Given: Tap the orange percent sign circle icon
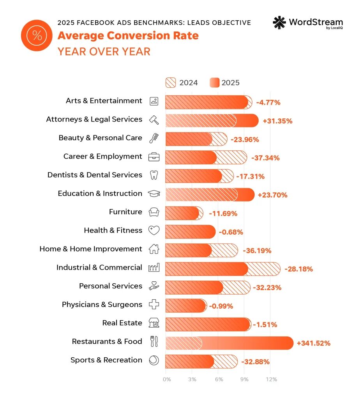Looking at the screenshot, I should click(37, 35).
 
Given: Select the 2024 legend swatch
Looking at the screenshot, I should click(171, 83).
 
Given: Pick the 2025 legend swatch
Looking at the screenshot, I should click(215, 83).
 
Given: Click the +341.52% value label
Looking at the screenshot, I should click(313, 343).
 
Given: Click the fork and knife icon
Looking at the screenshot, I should click(154, 342).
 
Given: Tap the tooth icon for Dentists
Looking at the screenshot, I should click(154, 175).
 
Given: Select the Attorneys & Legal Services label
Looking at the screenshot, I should click(94, 119).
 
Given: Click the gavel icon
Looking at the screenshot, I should click(154, 120).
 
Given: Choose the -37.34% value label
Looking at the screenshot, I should click(265, 158).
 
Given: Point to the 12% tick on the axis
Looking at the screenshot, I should click(272, 380).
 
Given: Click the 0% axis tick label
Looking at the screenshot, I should click(167, 380).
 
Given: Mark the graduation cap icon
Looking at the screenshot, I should click(154, 194).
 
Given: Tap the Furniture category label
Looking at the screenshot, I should click(125, 212).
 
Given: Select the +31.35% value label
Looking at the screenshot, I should click(277, 121).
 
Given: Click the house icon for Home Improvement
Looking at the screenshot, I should click(154, 249).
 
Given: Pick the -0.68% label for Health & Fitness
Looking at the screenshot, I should click(231, 232).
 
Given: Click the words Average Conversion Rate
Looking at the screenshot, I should click(128, 36).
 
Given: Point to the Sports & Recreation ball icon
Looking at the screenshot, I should click(154, 360).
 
